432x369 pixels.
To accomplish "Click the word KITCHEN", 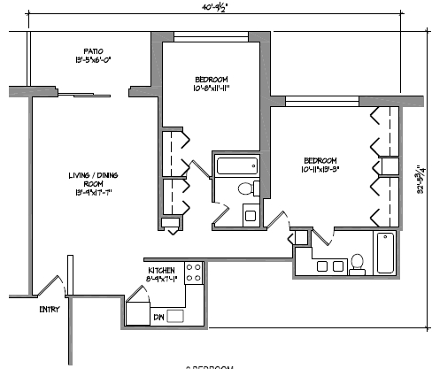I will click(x=160, y=270).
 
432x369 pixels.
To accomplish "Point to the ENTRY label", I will click(x=50, y=309).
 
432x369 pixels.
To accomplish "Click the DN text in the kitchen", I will click(x=159, y=315).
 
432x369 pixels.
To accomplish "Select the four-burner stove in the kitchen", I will click(x=194, y=273).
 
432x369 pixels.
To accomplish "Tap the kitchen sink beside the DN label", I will click(x=176, y=315).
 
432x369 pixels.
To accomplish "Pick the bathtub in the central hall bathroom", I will click(x=236, y=165).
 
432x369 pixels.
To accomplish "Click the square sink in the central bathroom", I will click(x=250, y=215).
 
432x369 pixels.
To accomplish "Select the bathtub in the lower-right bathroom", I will click(x=386, y=255).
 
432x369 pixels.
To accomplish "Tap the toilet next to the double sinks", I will click(x=358, y=262).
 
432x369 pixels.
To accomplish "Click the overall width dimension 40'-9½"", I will click(x=215, y=8).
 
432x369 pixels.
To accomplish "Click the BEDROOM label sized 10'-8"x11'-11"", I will click(x=212, y=83).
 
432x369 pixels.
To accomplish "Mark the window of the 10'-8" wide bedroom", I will click(x=210, y=37).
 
